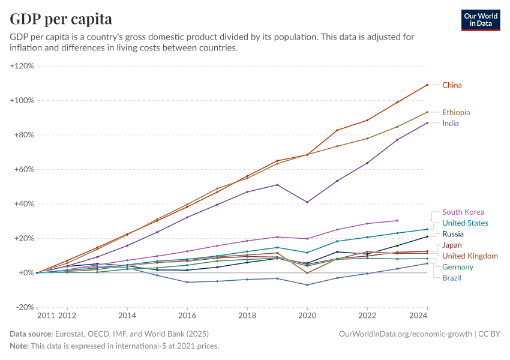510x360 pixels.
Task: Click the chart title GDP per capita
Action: (x=61, y=19)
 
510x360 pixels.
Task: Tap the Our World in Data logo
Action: (x=481, y=20)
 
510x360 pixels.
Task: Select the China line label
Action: (x=452, y=85)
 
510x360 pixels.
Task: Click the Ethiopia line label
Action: (x=456, y=112)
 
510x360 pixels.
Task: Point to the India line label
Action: (x=451, y=123)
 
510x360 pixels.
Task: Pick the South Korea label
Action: (x=463, y=212)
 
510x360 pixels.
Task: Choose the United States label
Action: (x=465, y=223)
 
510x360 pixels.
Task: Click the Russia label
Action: (x=454, y=234)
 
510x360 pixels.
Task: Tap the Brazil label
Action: (x=452, y=278)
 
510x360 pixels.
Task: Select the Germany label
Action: (x=457, y=267)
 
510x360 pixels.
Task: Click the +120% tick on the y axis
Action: (x=22, y=66)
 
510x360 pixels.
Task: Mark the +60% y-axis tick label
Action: (x=23, y=169)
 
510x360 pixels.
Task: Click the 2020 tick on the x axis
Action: (x=307, y=314)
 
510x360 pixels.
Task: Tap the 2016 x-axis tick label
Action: (x=187, y=314)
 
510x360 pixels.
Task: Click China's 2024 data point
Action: (x=427, y=85)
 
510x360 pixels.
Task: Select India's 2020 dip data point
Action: (x=307, y=202)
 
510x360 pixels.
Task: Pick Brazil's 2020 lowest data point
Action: (x=307, y=284)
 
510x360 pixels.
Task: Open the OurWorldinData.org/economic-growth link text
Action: (x=406, y=334)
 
